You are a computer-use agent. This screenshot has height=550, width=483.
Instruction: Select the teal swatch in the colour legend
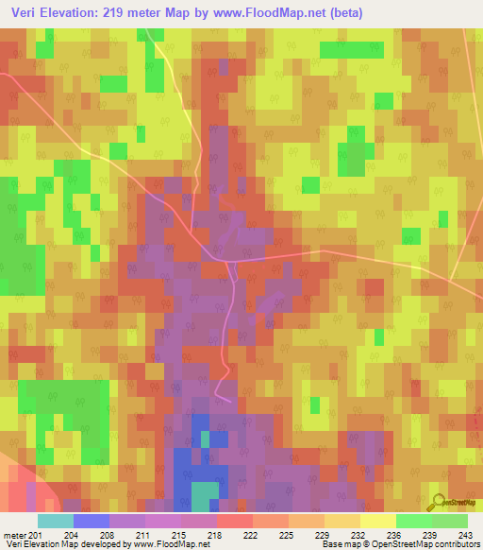(x=55, y=520)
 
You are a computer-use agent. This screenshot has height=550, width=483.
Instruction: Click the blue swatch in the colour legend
(x=91, y=520)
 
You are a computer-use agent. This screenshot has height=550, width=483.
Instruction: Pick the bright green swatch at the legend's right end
(x=450, y=520)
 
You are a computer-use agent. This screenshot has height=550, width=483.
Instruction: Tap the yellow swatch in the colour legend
(x=377, y=520)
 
